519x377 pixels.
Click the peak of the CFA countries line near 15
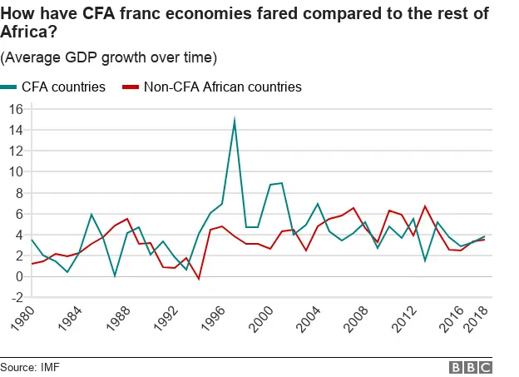[235, 121]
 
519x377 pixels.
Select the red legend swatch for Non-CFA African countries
[131, 87]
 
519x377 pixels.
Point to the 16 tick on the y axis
[15, 108]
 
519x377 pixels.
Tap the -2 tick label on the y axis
[15, 297]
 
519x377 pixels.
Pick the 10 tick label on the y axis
[15, 171]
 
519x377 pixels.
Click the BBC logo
[471, 367]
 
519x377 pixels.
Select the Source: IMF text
[30, 367]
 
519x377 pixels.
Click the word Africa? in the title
[26, 33]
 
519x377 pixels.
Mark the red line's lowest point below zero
[199, 279]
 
